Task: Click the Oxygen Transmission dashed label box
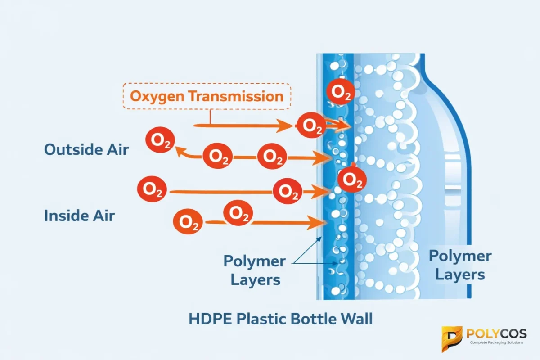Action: click(207, 96)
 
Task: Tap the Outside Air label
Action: click(86, 149)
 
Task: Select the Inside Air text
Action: click(79, 216)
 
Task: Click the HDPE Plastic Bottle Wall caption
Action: click(280, 319)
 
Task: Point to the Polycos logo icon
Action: click(451, 338)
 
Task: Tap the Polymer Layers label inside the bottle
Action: click(460, 265)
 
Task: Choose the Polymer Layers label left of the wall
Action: click(255, 270)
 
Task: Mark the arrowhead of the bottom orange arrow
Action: click(321, 221)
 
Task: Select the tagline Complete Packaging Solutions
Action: click(496, 343)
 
